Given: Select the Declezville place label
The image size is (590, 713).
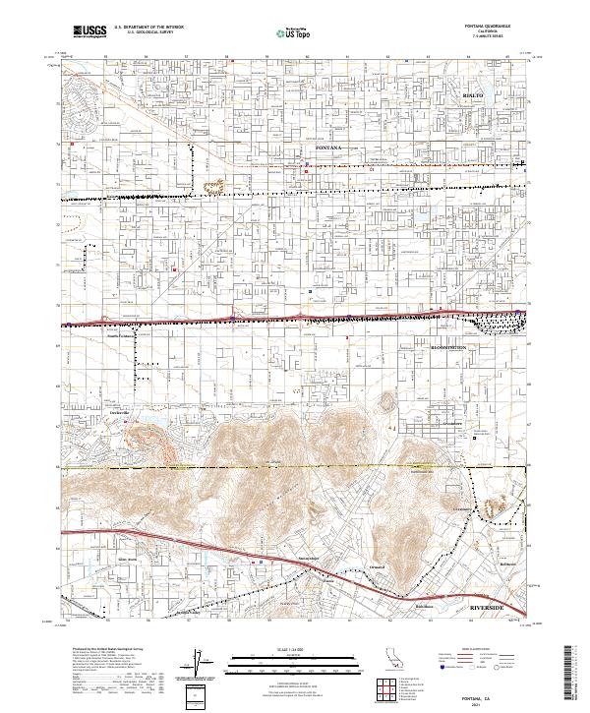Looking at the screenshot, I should click(x=120, y=410).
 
